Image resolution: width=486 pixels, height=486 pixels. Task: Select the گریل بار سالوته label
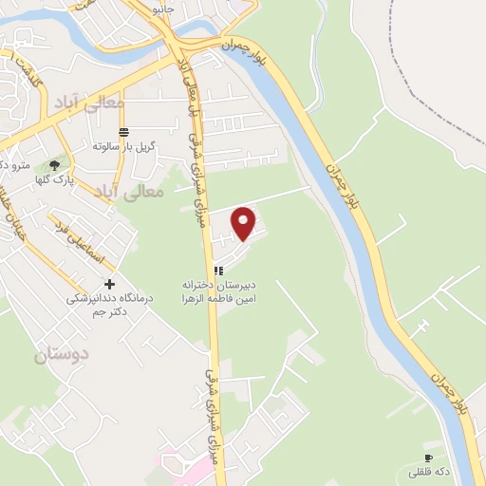pyautogui.click(x=123, y=146)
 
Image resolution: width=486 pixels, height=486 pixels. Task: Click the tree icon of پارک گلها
pyautogui.click(x=65, y=164)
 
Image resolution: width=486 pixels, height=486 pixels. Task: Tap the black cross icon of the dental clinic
pyautogui.click(x=110, y=284)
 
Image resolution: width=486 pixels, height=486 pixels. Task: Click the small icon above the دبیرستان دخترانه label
pyautogui.click(x=220, y=270)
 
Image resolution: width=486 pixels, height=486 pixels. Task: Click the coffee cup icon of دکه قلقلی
pyautogui.click(x=429, y=458)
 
